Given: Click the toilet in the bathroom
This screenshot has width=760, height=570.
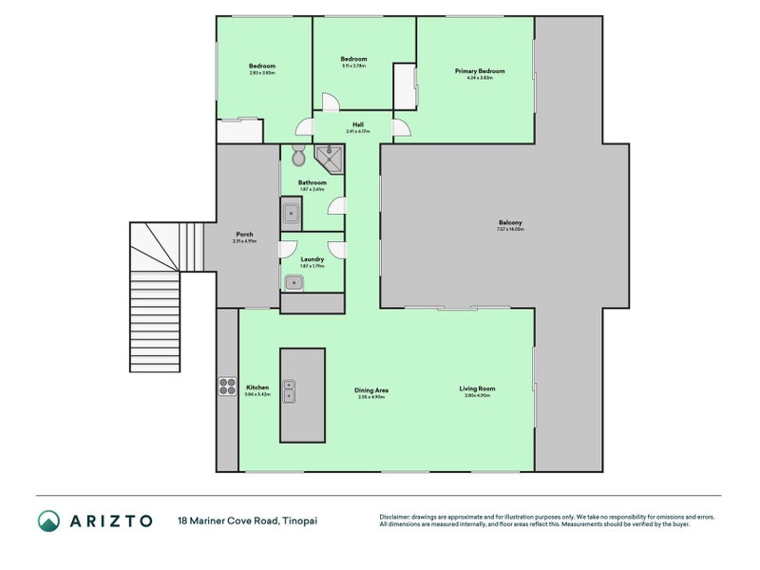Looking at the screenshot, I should coord(298,156).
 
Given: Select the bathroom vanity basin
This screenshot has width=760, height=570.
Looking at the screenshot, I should coord(292,214).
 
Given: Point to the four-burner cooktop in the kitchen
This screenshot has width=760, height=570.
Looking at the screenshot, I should coord(228,386).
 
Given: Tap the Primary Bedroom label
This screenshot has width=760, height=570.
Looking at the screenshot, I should coord(479,71).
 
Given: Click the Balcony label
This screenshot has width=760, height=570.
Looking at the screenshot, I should coord(509,222).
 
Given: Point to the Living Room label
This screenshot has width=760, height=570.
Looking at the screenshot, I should coord(477,388).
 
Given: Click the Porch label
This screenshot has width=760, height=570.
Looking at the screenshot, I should coord(244,235).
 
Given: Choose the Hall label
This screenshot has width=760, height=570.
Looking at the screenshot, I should coord(358,124).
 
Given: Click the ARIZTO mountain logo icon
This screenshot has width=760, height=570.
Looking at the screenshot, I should coord(48,521).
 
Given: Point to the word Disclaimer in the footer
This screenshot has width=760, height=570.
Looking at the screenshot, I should coord(398,516).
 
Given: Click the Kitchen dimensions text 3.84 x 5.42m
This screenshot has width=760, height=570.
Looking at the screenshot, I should coord(257,393).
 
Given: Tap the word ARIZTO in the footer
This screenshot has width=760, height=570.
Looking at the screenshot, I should coord(110,521).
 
